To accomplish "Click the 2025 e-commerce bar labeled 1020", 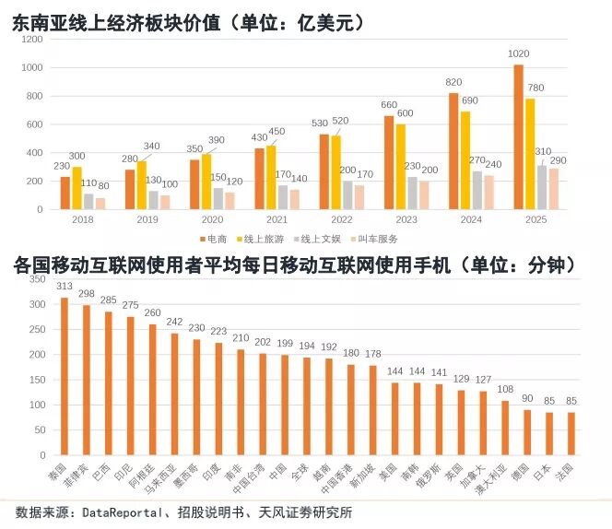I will coord(518,136).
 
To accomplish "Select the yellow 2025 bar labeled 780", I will coord(530,153).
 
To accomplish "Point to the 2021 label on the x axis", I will coord(278,221).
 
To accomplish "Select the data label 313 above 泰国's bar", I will coord(65,286).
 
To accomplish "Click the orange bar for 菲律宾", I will coord(87,380).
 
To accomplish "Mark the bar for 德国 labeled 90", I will coord(526,432).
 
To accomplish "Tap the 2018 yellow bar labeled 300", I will coord(76,188).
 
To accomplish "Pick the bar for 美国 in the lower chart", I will coord(394,418).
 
